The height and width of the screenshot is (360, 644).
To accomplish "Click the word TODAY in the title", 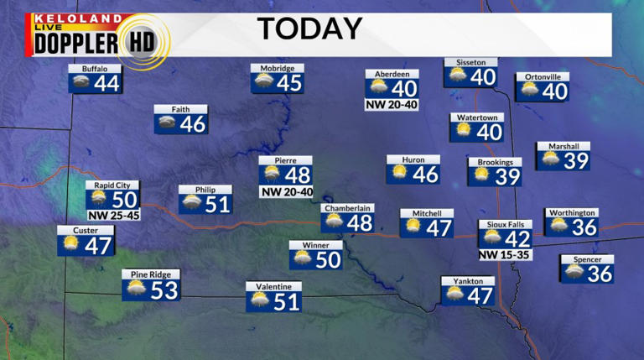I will pos(309,29).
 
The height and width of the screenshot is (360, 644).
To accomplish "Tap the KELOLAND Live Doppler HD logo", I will pos(99,37).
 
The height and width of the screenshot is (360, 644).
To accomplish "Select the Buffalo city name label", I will pos(95,68).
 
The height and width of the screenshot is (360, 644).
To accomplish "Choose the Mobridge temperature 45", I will pos(289,83).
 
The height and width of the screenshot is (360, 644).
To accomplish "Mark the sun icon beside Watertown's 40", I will pos(464,131).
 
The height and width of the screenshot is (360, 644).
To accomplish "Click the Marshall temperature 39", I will pos(576,160).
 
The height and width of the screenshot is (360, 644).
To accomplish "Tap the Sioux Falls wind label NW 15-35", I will pos(506,253).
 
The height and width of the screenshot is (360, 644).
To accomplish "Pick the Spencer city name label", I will pos(587,259).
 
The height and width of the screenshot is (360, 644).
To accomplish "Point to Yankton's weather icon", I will pos(454,295).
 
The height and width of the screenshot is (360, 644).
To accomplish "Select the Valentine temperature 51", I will pos(287,301).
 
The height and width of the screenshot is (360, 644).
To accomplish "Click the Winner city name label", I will pos(315,244).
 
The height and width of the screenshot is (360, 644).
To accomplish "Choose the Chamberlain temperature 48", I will pos(360,223).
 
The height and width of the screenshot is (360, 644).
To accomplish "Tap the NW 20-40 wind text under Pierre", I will pos(286,191).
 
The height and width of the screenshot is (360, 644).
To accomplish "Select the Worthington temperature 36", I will pos(584,227).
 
